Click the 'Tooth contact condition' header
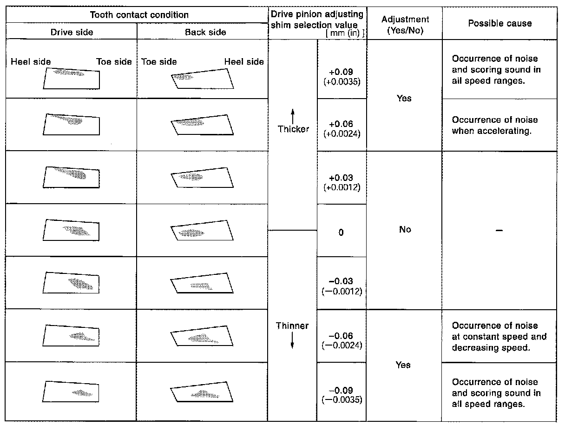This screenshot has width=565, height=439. pos(139,15)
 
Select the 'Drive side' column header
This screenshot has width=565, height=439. pos(72,32)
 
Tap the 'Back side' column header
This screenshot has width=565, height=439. pos(205,32)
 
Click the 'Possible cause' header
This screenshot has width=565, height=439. pos(499,23)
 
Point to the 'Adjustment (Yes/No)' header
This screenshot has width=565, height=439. pos(405,24)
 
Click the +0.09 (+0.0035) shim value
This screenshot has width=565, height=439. pos(342,76)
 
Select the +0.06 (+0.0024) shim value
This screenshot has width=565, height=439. pos(342,128)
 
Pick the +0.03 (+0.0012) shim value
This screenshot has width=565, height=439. pos(342,182)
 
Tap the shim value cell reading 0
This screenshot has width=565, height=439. pos(341,233)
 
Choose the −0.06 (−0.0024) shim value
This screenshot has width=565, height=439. pos(342,340)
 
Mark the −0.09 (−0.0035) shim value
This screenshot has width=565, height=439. pos(342,394)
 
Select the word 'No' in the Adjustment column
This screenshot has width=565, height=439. pos(405,230)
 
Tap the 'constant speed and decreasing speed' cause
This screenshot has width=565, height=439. pos(499,337)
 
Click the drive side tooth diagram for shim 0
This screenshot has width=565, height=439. pos(72,229)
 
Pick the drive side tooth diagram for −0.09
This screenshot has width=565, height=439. pos(72,392)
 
